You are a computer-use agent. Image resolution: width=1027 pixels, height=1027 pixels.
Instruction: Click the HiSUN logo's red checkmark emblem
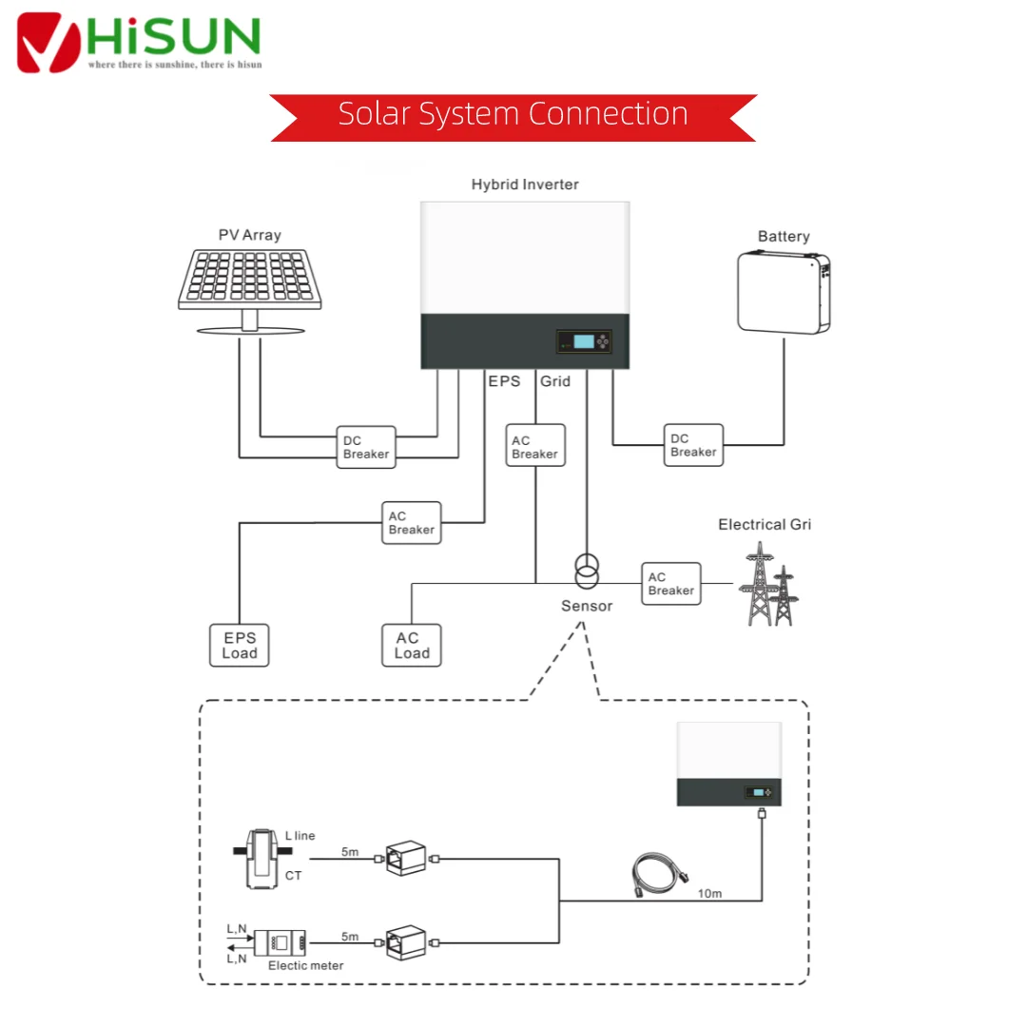48,43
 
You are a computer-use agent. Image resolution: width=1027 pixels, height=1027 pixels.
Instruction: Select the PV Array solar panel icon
250,291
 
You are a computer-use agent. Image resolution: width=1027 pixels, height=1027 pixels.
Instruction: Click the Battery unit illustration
784,293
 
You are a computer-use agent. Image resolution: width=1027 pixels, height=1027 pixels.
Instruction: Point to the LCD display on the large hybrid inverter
584,341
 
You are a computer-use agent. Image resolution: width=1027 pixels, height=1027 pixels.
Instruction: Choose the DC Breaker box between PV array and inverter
366,447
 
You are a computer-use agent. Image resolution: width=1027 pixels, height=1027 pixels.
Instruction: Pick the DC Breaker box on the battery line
693,445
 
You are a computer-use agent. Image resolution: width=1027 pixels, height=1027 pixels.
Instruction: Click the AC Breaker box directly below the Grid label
535,445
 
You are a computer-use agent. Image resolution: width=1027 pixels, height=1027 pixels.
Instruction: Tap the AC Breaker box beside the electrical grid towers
671,584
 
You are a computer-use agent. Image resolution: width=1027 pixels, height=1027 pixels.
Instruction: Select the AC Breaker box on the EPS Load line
412,523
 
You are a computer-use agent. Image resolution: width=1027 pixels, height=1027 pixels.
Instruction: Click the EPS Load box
239,645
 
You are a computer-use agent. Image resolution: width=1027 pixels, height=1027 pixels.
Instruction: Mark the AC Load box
412,645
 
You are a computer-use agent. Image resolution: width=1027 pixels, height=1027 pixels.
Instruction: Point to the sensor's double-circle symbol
587,572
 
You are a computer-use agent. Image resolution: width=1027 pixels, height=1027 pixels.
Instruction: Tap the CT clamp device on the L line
262,859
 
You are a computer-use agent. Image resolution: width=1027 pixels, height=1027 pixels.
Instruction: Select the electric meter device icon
280,943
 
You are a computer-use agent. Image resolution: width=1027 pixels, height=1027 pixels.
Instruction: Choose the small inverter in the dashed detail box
729,764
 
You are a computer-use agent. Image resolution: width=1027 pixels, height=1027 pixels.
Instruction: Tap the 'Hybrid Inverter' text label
525,184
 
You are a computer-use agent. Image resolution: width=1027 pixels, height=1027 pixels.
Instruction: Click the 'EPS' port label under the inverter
504,381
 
